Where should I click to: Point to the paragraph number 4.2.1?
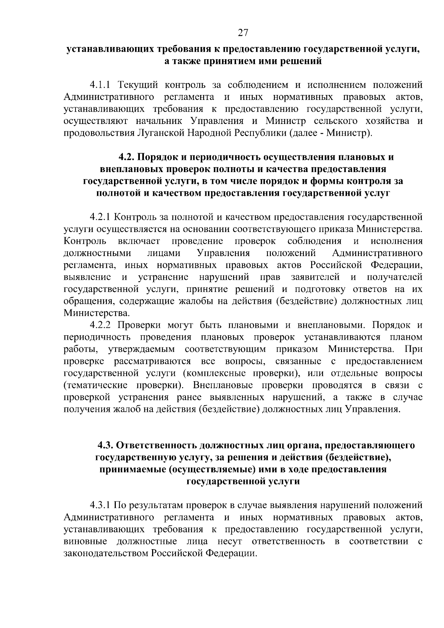click(x=100, y=217)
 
